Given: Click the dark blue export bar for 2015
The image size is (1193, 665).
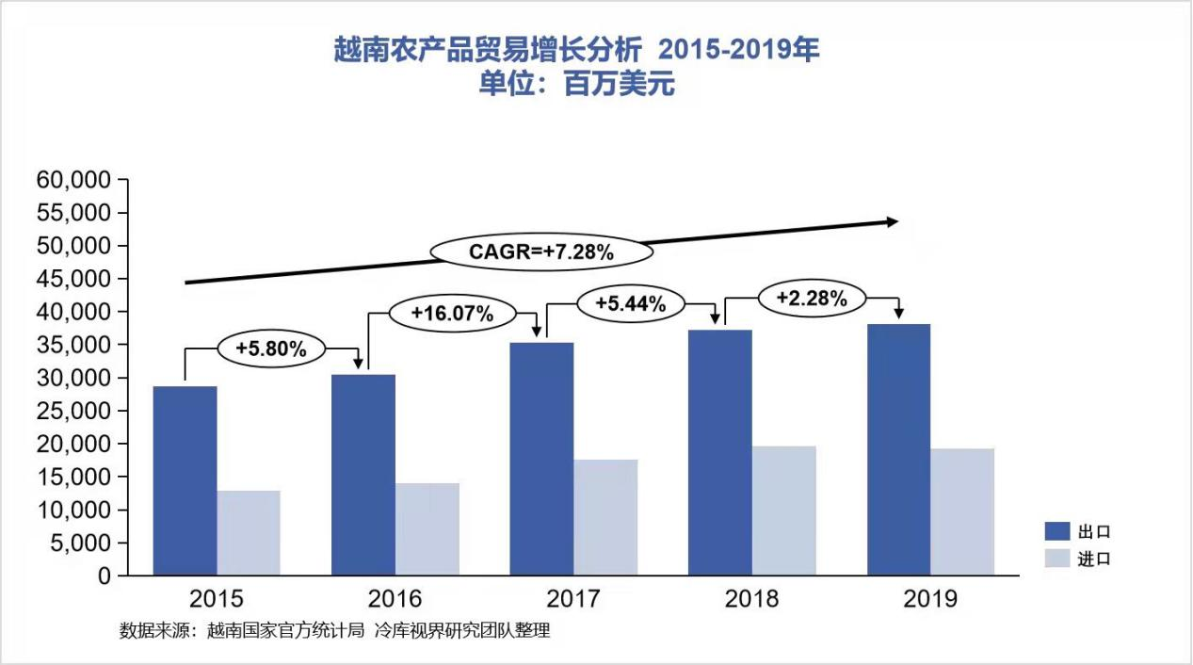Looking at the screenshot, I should coord(185,480).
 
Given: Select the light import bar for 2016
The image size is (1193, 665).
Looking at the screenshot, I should coord(427,529).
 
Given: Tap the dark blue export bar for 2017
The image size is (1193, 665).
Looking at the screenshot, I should coord(541,459).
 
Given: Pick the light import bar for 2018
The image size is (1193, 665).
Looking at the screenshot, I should coord(783,511).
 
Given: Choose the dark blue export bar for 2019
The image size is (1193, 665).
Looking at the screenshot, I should coord(898,449).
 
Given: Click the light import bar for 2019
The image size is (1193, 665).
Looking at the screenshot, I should coord(962,511).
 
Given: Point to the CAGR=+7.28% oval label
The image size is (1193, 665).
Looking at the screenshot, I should coord(541,252).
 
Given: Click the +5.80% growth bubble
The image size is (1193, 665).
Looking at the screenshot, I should coord(271,349).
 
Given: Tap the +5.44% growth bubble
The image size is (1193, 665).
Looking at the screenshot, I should coord(631,303).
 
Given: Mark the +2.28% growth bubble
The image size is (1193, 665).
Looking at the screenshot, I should coord(810,299).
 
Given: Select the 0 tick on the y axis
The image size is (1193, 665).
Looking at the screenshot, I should coord(104,576).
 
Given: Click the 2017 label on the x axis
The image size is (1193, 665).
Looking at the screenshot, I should coord(573,599).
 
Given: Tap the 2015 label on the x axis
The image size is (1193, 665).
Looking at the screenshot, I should coord(217,599).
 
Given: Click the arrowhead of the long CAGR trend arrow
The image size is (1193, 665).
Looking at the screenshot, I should coord(892,221).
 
